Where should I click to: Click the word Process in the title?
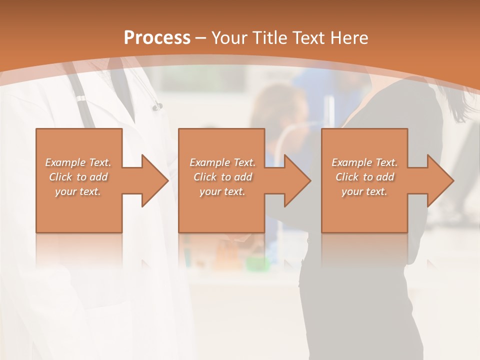pyautogui.click(x=157, y=37)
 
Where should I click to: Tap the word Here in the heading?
pyautogui.click(x=349, y=38)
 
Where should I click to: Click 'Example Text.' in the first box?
pyautogui.click(x=78, y=162)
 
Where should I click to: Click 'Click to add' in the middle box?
pyautogui.click(x=222, y=177)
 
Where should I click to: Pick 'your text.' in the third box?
pyautogui.click(x=364, y=191)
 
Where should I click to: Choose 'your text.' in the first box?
pyautogui.click(x=78, y=191)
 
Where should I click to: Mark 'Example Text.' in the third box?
pyautogui.click(x=364, y=162)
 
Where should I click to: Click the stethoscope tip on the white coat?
pyautogui.click(x=158, y=106)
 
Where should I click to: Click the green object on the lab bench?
pyautogui.click(x=255, y=262)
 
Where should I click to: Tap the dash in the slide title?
pyautogui.click(x=200, y=38)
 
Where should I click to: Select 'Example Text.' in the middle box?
pyautogui.click(x=222, y=162)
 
